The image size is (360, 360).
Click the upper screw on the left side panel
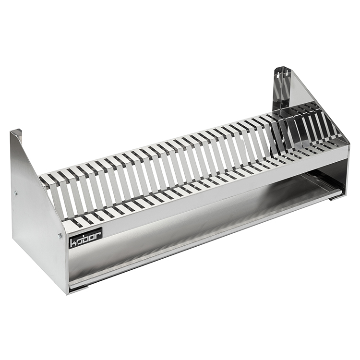point(15,193)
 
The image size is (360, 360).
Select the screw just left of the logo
point(60,235)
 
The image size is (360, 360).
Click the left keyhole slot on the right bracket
point(278,74)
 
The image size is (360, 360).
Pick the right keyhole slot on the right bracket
point(287,74)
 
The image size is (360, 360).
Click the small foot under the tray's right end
point(334,200)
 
